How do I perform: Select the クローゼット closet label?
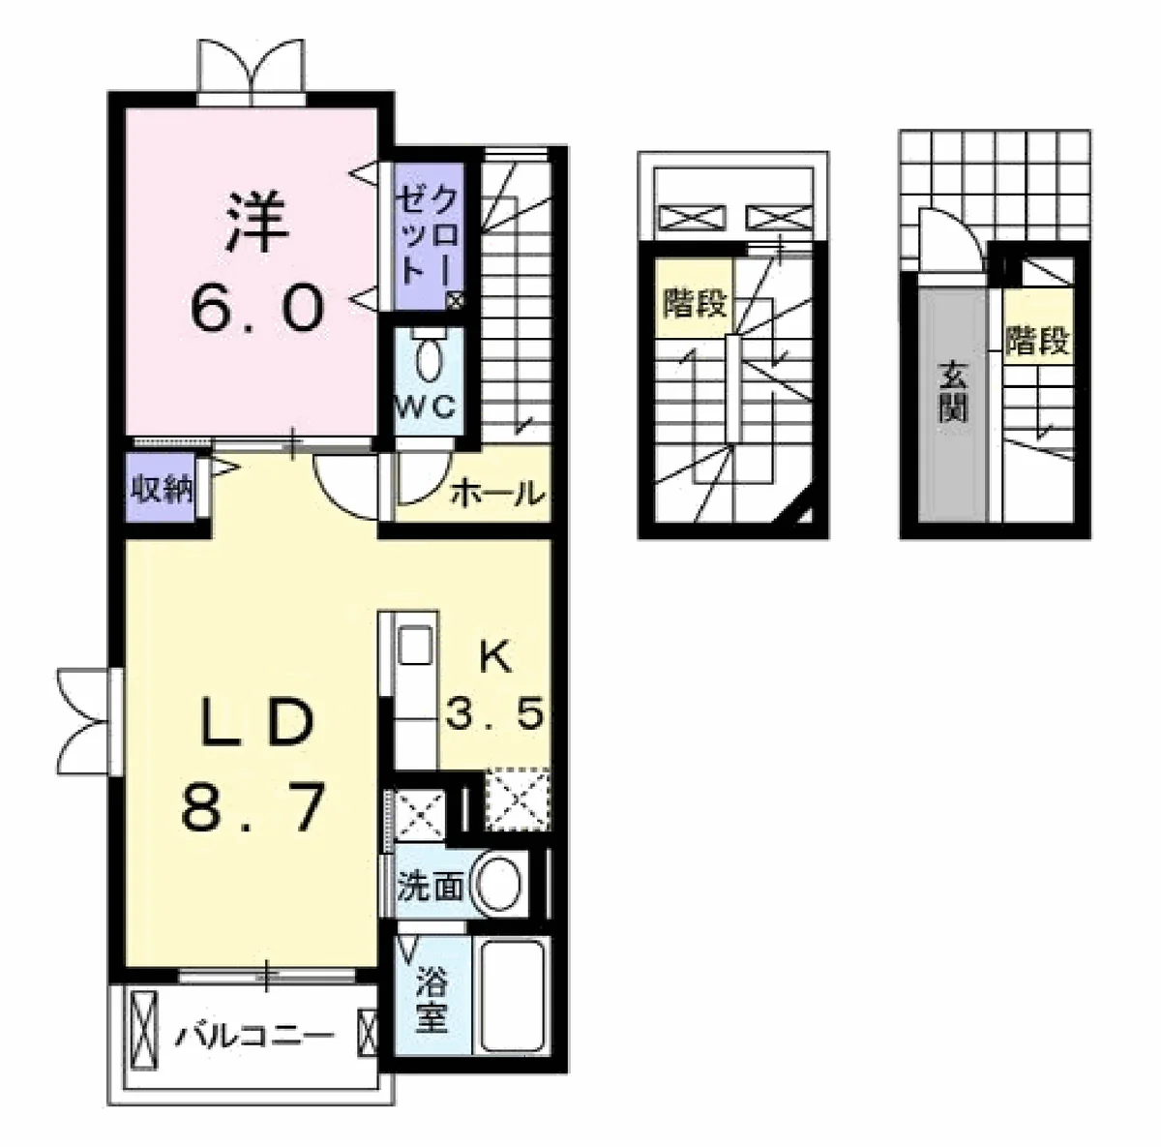429,234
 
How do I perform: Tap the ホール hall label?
497,494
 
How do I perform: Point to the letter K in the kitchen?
494,658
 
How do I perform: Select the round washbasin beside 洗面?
497,887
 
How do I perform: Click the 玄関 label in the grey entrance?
953,393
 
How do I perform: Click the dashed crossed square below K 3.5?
519,800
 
